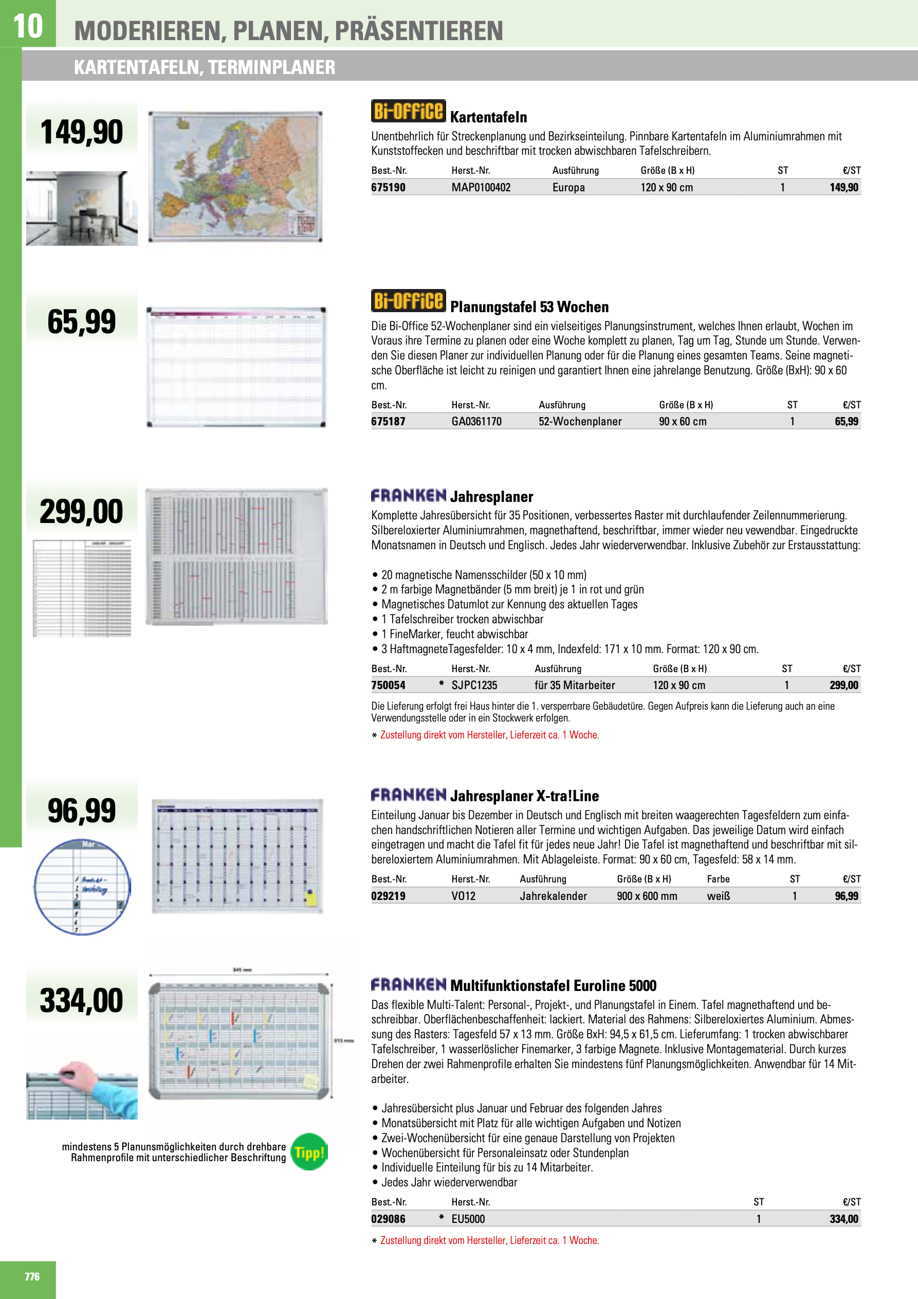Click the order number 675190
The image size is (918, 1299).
[388, 187]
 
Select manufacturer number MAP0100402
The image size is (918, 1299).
[480, 187]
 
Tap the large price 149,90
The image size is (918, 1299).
[81, 132]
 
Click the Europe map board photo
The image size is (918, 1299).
[235, 176]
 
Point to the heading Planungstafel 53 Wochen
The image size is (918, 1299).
[529, 307]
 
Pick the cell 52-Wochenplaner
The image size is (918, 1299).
[579, 422]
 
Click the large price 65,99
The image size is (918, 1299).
[81, 321]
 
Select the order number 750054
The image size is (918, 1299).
[388, 685]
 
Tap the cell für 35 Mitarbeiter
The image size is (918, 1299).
[574, 685]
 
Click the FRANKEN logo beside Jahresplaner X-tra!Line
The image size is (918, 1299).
[409, 795]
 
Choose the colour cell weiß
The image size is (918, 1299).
[719, 896]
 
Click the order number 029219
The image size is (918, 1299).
[388, 896]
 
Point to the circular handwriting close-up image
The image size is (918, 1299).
[82, 887]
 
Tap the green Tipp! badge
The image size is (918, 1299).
[309, 1152]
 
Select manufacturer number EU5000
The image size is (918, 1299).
[468, 1219]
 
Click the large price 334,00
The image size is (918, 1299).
[81, 1000]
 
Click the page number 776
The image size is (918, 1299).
[32, 1277]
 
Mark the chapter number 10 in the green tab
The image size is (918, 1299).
[28, 26]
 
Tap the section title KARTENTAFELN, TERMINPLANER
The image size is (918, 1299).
[204, 67]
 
